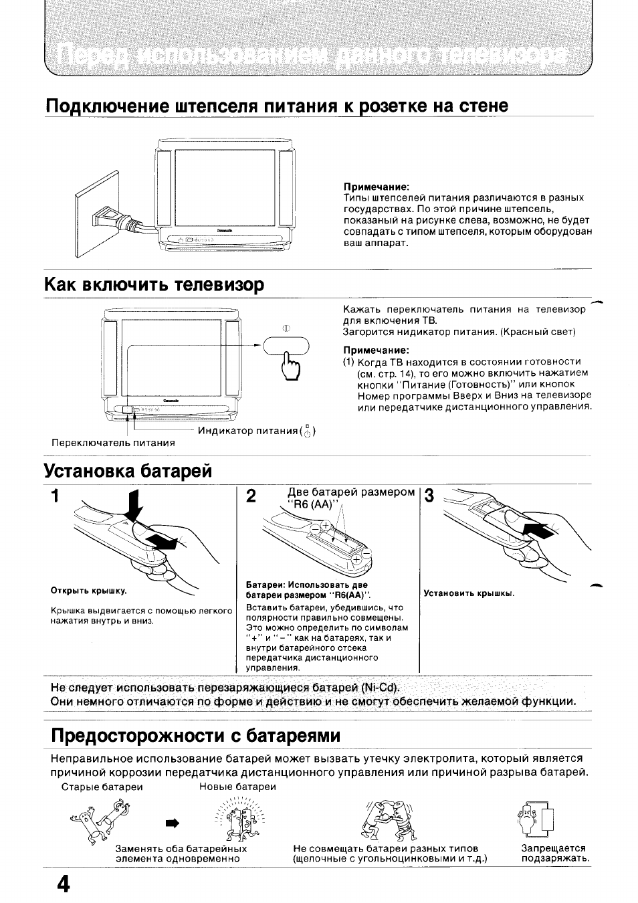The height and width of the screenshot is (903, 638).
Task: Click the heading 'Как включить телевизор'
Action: (154, 285)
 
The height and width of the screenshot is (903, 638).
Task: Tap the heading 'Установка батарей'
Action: (128, 470)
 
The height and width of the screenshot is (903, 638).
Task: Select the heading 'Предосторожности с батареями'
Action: (196, 735)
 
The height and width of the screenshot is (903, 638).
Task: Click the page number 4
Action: (62, 884)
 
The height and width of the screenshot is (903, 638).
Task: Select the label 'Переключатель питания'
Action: (113, 443)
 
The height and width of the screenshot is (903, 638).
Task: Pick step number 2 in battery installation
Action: (251, 496)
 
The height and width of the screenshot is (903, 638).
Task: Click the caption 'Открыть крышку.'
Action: (89, 591)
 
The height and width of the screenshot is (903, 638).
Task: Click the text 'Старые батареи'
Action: (102, 787)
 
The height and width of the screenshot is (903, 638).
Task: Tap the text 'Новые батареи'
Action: (237, 787)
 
